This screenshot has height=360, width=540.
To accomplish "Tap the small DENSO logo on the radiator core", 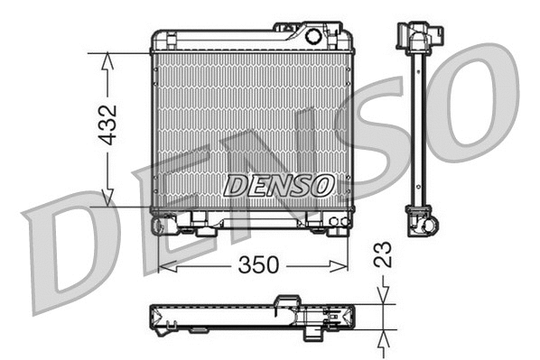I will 278,186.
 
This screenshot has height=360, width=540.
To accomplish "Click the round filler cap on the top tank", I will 313,37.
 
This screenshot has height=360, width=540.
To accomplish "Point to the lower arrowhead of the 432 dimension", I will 107,200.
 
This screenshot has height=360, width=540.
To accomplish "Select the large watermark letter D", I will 68,248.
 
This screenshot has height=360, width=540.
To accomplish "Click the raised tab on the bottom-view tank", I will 288,300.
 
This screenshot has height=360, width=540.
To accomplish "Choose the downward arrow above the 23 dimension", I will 384,294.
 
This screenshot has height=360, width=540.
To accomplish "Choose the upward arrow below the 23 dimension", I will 384,337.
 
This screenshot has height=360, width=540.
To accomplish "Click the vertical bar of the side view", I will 419,126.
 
